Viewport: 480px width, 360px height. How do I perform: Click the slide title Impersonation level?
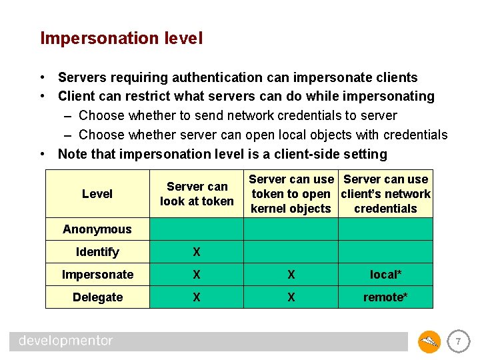(x=121, y=39)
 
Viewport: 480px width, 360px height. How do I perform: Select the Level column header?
(x=97, y=194)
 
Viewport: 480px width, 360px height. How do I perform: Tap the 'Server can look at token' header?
(x=197, y=194)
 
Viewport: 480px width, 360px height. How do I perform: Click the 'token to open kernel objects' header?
(x=291, y=194)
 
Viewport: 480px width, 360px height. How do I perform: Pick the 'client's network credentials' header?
(x=385, y=194)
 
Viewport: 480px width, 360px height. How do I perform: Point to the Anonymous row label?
(x=97, y=229)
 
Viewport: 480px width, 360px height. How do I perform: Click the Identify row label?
(x=97, y=252)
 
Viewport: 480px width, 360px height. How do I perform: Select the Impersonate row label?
(x=97, y=275)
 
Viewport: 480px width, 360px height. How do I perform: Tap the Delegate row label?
(x=97, y=297)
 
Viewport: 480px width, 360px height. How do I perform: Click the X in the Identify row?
(x=197, y=252)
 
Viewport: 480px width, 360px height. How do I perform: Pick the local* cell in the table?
(x=385, y=275)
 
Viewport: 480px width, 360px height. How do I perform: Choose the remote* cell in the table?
(x=385, y=297)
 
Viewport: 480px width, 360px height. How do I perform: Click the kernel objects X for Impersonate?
(x=291, y=275)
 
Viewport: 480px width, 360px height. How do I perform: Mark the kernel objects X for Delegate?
(x=291, y=297)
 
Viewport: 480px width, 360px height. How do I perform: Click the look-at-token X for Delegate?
(x=197, y=297)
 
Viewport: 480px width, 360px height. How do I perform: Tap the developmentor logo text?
(x=66, y=341)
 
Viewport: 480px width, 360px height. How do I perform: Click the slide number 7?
(x=458, y=342)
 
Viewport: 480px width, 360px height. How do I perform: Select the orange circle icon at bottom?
(x=429, y=342)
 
